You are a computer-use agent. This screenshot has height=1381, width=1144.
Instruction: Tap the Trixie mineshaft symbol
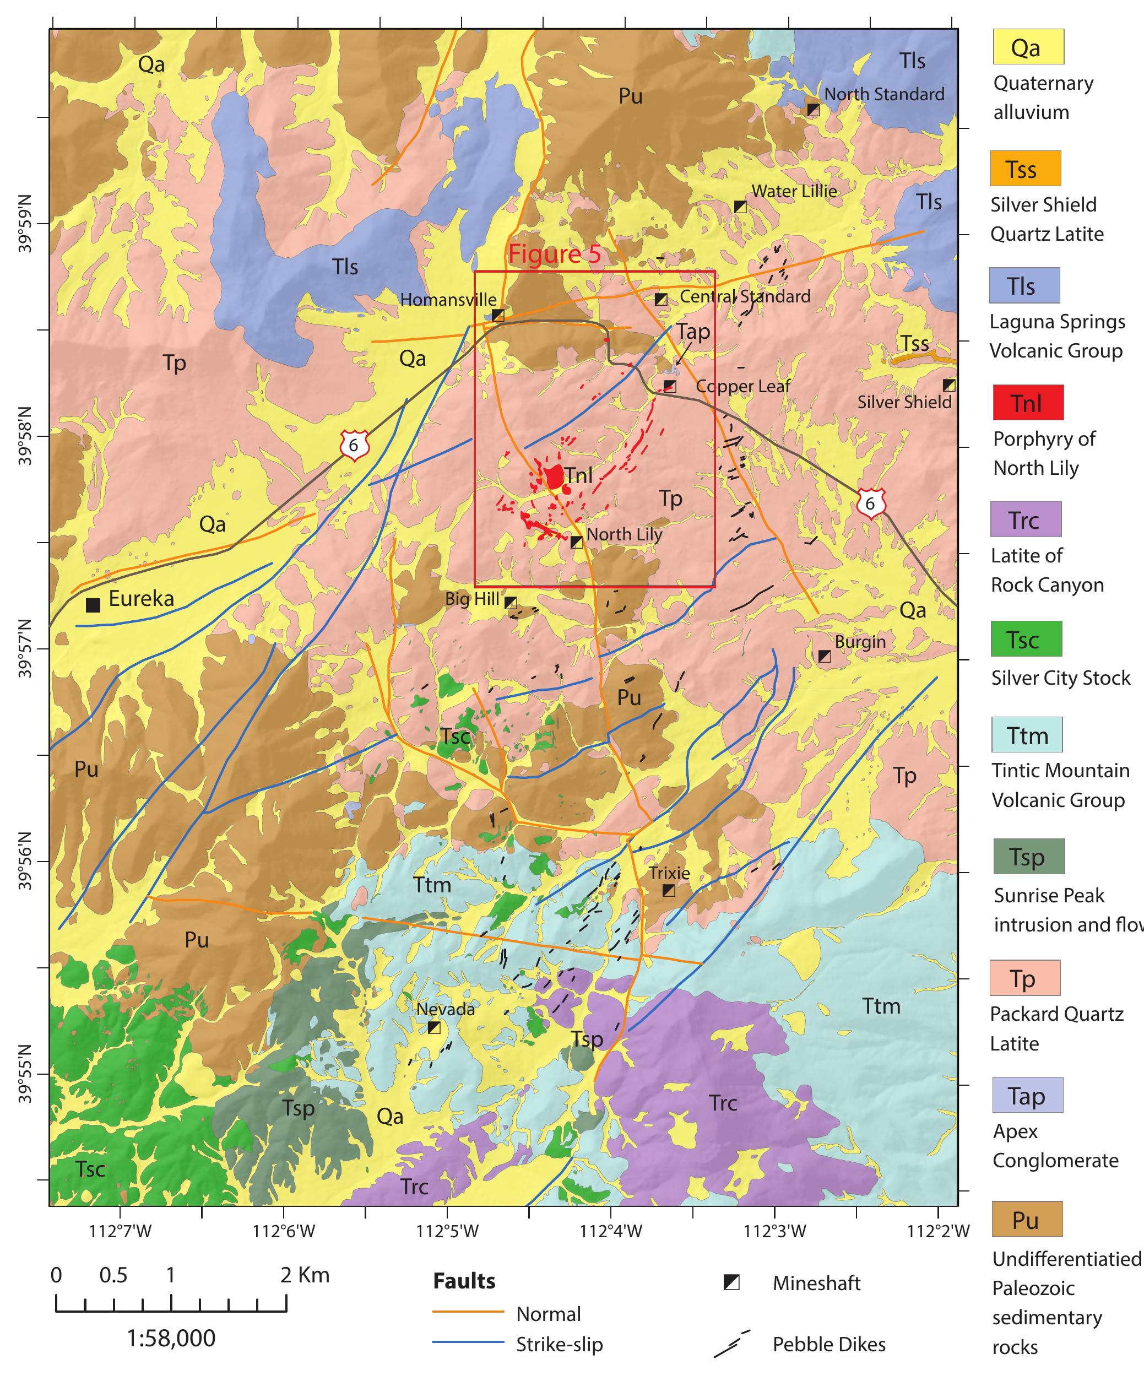(669, 890)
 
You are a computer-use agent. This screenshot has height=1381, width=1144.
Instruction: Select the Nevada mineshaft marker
(434, 1027)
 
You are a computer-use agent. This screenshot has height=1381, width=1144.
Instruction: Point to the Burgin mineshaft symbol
(825, 656)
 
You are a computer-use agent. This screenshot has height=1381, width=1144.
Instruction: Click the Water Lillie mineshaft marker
(740, 207)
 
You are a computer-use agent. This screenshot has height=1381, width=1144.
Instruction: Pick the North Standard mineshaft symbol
(814, 110)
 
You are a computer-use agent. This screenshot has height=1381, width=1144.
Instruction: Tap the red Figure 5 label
(554, 254)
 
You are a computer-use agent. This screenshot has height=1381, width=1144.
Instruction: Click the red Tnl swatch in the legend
(1028, 403)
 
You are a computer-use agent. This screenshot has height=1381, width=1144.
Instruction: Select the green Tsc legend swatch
(1026, 639)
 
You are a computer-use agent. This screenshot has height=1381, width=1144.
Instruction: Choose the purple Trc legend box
(1026, 519)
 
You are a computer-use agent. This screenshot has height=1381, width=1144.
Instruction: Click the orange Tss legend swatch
(1025, 169)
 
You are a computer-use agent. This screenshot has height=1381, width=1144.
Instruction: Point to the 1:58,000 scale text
(171, 1338)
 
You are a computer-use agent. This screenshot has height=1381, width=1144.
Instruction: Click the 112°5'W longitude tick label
(448, 1231)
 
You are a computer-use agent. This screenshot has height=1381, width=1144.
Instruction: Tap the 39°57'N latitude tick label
(25, 648)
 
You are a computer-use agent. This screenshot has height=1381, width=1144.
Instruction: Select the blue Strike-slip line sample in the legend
(468, 1344)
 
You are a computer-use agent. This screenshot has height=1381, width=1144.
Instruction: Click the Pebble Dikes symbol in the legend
(731, 1344)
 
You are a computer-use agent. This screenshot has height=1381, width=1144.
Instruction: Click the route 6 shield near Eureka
(354, 445)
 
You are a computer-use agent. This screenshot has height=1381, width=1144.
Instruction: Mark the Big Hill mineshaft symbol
(510, 602)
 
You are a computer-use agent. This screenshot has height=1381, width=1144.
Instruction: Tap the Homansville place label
(448, 300)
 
